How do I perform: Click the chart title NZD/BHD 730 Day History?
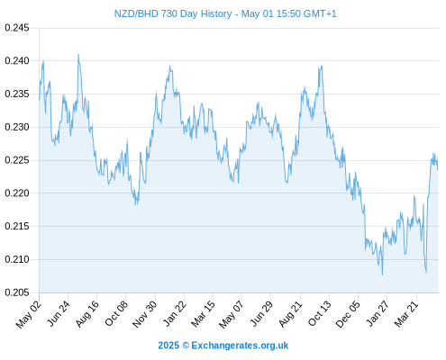pos(173,13)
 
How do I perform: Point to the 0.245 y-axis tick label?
pos(17,28)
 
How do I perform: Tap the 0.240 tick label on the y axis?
pos(17,61)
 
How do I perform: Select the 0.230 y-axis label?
pos(17,127)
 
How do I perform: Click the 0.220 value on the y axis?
pos(17,193)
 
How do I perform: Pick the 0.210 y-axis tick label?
pos(17,259)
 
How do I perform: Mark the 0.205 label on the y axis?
pos(17,292)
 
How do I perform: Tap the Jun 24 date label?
pos(59,312)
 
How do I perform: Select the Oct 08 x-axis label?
pos(116,312)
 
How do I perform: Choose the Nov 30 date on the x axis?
pos(145,313)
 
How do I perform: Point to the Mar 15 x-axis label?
pos(203,313)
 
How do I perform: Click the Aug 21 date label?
pos(290,313)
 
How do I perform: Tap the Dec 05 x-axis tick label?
pos(348,313)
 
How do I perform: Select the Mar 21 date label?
pos(406,313)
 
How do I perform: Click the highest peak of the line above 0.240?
pos(78,55)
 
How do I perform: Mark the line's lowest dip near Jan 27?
pos(382,274)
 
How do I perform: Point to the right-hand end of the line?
pos(438,169)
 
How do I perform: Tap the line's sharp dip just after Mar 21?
pos(426,273)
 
